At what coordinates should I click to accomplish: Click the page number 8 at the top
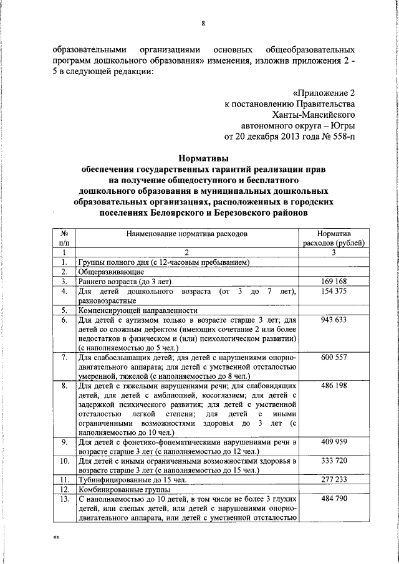tap(203, 24)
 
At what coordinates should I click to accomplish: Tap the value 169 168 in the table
tap(333, 281)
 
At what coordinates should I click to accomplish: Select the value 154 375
tap(333, 291)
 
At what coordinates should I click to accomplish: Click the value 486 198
tap(333, 387)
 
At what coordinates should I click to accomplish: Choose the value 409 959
tap(333, 442)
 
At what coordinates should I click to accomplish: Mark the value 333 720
tap(333, 461)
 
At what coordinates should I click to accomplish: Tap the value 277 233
tap(333, 479)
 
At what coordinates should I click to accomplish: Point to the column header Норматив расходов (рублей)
tap(333, 237)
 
